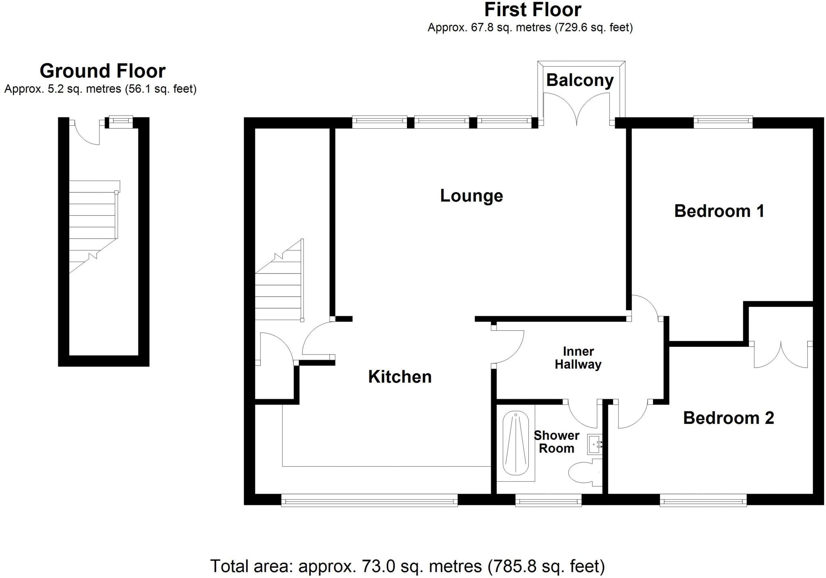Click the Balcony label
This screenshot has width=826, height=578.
pyautogui.click(x=580, y=80)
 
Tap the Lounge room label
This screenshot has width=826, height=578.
pyautogui.click(x=471, y=196)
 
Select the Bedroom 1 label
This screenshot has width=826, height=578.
pyautogui.click(x=719, y=211)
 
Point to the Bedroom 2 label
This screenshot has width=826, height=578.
pyautogui.click(x=728, y=418)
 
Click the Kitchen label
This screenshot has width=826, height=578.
pyautogui.click(x=400, y=377)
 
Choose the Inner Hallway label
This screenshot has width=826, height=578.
pyautogui.click(x=578, y=358)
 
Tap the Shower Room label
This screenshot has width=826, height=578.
pyautogui.click(x=556, y=442)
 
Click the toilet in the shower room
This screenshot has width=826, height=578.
pyautogui.click(x=583, y=472)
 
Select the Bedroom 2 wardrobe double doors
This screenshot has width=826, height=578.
pyautogui.click(x=781, y=355)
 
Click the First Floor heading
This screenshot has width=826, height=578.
pyautogui.click(x=532, y=10)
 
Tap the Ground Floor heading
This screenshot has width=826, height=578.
pyautogui.click(x=102, y=71)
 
